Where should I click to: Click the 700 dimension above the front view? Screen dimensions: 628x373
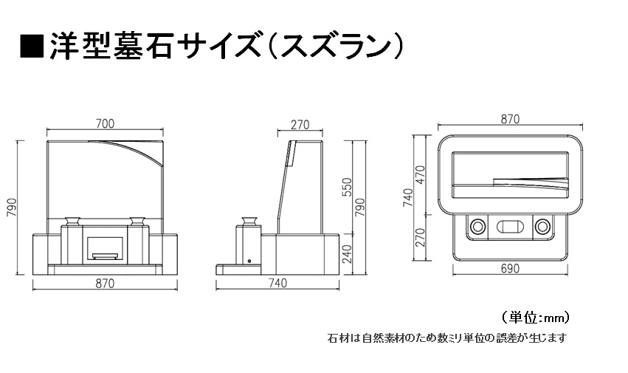(105, 123)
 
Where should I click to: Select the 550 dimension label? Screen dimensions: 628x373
(348, 187)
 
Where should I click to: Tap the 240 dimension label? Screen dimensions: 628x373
(348, 254)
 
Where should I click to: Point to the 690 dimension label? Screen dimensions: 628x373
(510, 268)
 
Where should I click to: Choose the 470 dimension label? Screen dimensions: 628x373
(420, 175)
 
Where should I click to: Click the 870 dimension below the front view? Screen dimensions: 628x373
(105, 284)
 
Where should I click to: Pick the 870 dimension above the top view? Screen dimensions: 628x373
(510, 119)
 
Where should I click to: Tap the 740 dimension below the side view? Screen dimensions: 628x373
(277, 283)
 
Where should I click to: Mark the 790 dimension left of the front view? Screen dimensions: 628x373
(12, 208)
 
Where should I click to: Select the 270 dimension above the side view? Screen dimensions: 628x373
(300, 125)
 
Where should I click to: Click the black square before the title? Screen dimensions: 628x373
(32, 47)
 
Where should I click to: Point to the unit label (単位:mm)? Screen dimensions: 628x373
(535, 318)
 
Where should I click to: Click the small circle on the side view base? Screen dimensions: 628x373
(249, 261)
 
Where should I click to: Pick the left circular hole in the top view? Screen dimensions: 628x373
(477, 227)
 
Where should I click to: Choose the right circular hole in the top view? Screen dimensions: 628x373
(542, 227)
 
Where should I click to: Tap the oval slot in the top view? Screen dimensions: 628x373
(510, 227)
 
